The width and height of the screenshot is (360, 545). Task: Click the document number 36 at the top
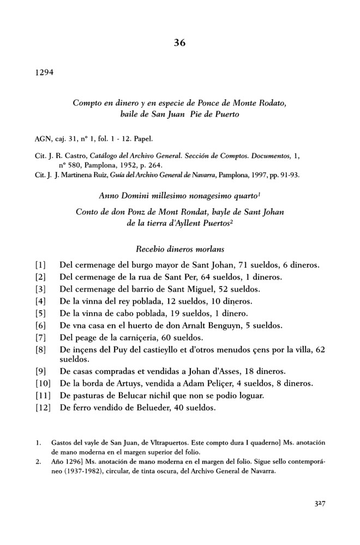click(180, 44)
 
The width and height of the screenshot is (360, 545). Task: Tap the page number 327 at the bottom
click(316, 505)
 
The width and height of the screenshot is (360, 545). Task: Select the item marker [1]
click(40, 265)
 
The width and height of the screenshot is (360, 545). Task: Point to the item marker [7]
click(40, 337)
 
